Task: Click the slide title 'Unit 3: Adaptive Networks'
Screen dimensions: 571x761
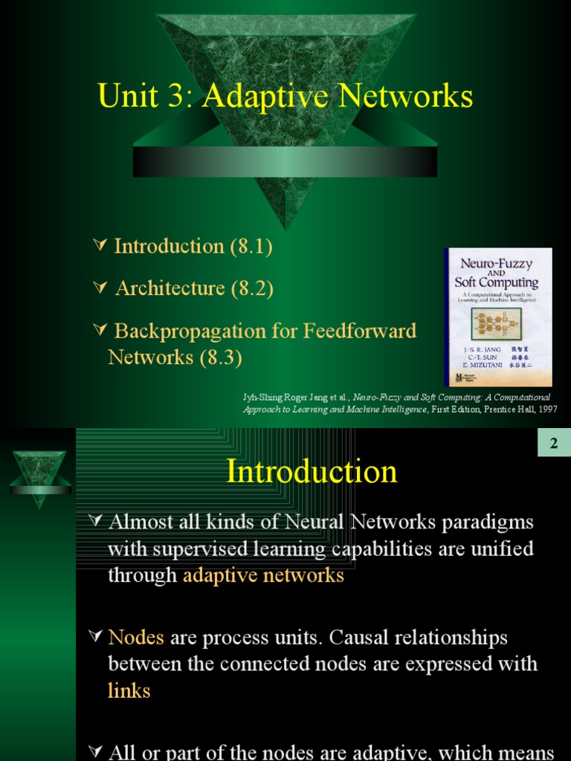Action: tap(285, 97)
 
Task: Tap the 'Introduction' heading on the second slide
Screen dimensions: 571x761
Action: tap(312, 472)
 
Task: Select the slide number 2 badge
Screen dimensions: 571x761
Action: tap(553, 444)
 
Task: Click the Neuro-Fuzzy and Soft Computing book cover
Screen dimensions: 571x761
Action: tap(498, 317)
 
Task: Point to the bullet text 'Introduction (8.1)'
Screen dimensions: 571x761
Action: tap(193, 247)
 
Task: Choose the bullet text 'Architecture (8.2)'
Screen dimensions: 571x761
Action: tap(194, 288)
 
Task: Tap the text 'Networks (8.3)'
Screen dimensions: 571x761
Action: tap(175, 357)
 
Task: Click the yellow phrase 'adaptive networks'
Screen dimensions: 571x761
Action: tap(263, 575)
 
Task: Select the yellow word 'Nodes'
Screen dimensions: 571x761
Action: tap(137, 638)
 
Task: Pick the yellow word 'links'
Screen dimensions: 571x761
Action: tap(129, 691)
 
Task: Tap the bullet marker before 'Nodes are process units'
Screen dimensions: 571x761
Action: tap(94, 636)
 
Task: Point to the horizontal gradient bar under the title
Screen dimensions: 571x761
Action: tap(285, 161)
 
